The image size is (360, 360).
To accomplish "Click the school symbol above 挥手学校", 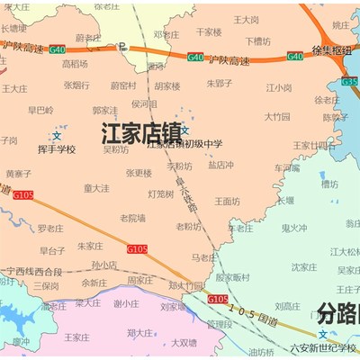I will (57, 136).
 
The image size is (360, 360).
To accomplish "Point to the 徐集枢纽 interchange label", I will (330, 51).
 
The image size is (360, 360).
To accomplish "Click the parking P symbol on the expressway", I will (122, 45).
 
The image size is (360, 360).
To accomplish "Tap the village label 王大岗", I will (246, 19).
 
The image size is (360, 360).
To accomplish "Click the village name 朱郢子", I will (219, 83).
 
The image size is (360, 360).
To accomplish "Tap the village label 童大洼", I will (96, 188).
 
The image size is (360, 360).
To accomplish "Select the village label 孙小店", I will (104, 265).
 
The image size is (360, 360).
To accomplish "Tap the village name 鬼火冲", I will (294, 229).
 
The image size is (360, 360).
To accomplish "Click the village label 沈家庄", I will (303, 266).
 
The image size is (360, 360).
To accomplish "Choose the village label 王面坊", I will (229, 201).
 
